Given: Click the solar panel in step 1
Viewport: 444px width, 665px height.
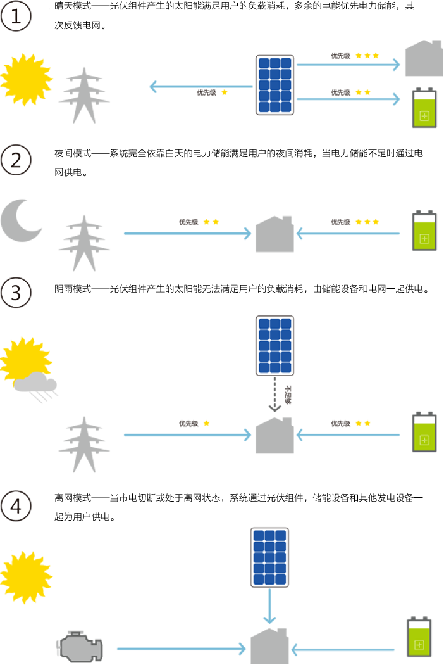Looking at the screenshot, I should pyautogui.click(x=274, y=85).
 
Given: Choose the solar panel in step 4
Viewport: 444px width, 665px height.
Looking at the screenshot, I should pyautogui.click(x=269, y=557).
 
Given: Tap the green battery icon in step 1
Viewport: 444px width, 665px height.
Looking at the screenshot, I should pyautogui.click(x=424, y=111).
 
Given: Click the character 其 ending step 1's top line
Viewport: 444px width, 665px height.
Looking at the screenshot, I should pyautogui.click(x=409, y=6).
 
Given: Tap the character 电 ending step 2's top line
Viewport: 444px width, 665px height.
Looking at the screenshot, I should pyautogui.click(x=417, y=153).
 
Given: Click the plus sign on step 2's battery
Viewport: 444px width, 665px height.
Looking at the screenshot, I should pyautogui.click(x=424, y=239).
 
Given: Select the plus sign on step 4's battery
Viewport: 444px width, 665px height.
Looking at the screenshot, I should pyautogui.click(x=420, y=645).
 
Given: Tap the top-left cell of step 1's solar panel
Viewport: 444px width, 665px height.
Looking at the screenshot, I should pyautogui.click(x=264, y=63).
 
